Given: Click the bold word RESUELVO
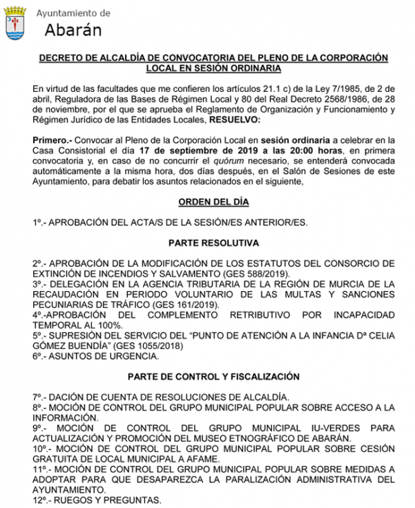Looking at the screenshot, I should (x=262, y=120).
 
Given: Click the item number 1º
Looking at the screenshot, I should (x=38, y=223).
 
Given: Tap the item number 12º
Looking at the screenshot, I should (x=41, y=500).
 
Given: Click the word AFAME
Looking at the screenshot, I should (x=201, y=458).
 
